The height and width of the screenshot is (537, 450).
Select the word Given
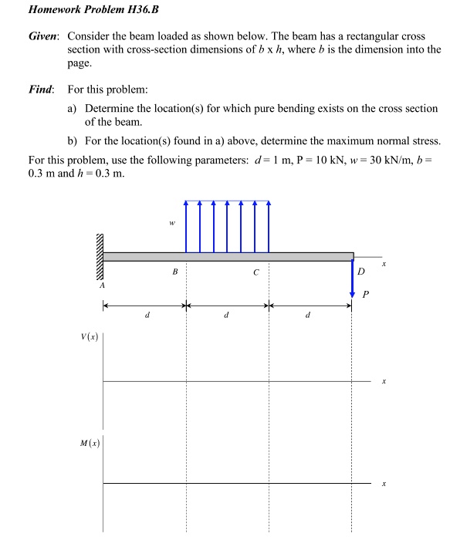pos(44,37)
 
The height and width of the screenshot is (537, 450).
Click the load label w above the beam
pos(171,223)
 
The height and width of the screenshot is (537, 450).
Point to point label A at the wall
pos(100,285)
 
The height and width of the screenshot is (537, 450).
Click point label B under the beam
pos(175,272)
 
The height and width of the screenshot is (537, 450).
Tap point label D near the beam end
pos(360,271)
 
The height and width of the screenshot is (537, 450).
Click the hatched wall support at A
pos(98,256)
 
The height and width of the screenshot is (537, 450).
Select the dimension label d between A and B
pos(147,316)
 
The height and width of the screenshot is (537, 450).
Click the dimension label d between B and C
pos(227,316)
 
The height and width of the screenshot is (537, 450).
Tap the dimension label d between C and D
pos(309,316)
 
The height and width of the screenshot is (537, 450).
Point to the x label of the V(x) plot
pos(383,381)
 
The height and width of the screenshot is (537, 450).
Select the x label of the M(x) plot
pos(383,484)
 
